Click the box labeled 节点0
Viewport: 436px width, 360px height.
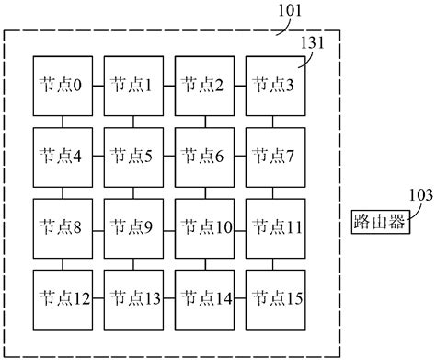(63, 85)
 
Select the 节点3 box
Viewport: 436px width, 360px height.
(274, 85)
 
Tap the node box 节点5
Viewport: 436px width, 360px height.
(133, 156)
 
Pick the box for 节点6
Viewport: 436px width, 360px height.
(204, 156)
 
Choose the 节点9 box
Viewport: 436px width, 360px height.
(133, 226)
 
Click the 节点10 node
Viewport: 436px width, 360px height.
(204, 226)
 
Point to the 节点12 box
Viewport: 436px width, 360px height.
(63, 297)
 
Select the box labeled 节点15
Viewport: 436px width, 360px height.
(274, 297)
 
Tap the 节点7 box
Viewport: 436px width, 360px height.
(274, 156)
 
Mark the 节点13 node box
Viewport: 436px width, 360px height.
(133, 297)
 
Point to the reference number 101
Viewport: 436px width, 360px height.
(291, 12)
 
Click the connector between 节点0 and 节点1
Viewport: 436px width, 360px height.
(98, 85)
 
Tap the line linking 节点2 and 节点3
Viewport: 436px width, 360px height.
(239, 85)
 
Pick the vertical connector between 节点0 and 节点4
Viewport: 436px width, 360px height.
(63, 121)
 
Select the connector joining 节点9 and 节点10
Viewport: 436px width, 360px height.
(169, 226)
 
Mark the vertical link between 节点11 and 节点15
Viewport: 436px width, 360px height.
(274, 262)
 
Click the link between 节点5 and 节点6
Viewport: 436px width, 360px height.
(169, 156)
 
